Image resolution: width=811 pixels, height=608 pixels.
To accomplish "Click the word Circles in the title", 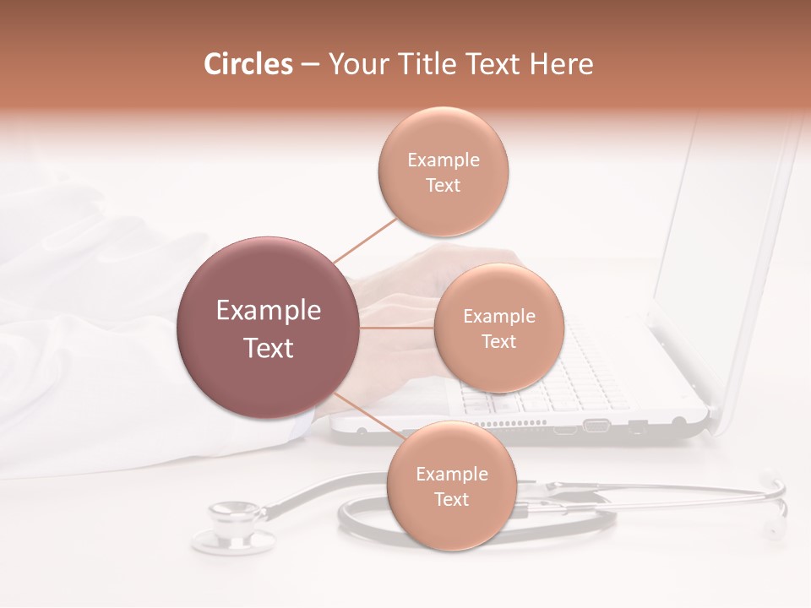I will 248,64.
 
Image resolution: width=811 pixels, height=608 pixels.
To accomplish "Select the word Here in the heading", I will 562,64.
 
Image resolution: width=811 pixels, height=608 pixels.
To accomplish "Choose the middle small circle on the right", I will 498,328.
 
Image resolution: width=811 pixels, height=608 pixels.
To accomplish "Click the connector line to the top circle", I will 365,239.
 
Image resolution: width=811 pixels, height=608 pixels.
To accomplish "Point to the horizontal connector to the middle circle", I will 395,328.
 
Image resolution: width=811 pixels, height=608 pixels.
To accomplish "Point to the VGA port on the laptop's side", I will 596,424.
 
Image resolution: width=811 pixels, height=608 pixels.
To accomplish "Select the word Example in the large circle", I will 268,311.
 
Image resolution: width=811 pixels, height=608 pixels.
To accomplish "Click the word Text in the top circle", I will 443,185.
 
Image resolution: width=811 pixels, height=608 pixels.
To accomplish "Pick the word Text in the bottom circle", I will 451,499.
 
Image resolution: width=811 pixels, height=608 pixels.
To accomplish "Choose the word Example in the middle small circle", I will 498,317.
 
